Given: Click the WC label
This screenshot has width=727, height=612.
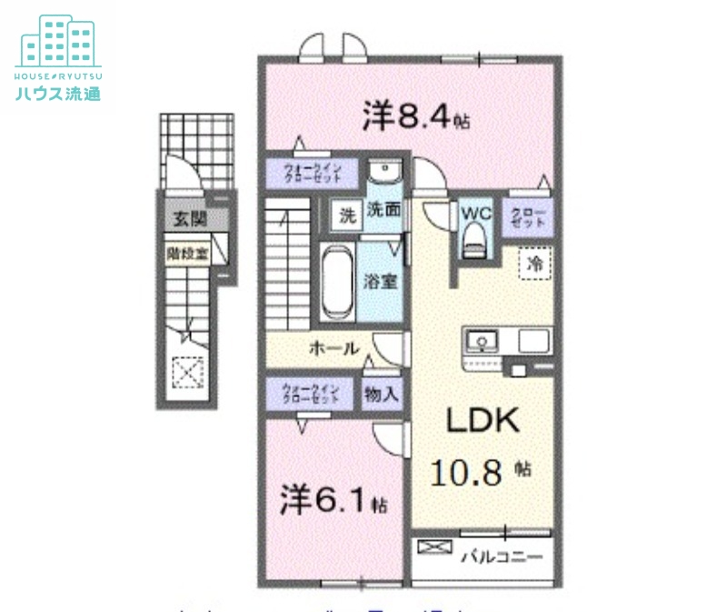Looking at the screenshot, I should (476, 213).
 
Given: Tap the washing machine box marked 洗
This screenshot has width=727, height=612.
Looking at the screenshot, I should (346, 216).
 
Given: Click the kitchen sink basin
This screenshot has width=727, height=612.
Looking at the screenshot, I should (482, 342).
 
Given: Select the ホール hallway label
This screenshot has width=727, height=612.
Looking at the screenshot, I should (333, 347).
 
